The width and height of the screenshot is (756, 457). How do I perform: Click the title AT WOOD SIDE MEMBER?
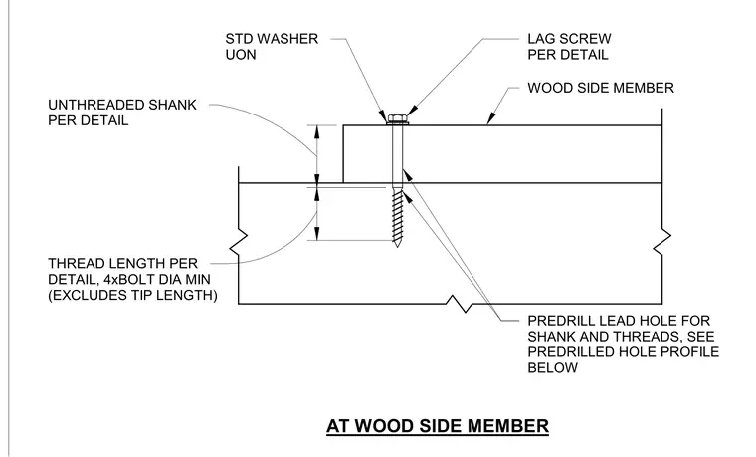click(x=438, y=426)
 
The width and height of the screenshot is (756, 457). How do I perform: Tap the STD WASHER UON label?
click(x=272, y=47)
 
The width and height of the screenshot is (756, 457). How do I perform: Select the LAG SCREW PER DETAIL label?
click(x=569, y=47)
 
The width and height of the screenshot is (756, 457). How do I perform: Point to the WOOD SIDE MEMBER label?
click(x=601, y=88)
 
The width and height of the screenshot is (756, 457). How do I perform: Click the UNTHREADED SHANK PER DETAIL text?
click(x=122, y=113)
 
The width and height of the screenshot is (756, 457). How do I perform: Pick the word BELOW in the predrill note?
click(x=552, y=368)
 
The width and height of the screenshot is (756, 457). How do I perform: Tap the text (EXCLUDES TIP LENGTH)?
click(x=132, y=295)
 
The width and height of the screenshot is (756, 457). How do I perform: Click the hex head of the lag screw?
click(x=397, y=117)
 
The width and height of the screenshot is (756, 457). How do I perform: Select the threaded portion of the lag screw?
click(x=397, y=215)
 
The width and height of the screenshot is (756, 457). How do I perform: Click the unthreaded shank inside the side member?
click(x=397, y=154)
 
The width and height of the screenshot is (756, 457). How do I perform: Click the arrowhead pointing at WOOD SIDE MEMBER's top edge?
click(x=491, y=118)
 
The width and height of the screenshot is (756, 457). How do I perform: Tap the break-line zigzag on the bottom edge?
click(x=459, y=304)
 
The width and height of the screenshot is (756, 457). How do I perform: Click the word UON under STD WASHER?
click(x=241, y=55)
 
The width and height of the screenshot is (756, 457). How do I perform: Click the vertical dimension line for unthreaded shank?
click(x=317, y=154)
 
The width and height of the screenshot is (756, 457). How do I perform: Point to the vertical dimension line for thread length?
click(x=317, y=214)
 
